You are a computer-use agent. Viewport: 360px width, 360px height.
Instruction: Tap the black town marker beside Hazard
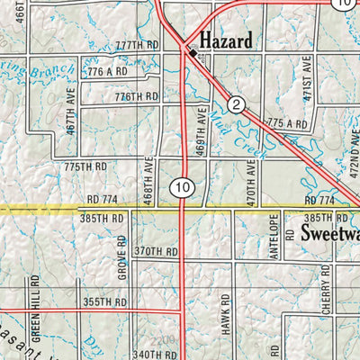click(x=193, y=54)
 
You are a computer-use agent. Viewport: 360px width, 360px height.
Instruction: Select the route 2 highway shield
click(x=236, y=105)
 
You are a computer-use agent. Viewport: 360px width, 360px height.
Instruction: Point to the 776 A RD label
click(x=107, y=70)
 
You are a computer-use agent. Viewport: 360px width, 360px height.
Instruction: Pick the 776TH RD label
click(x=137, y=96)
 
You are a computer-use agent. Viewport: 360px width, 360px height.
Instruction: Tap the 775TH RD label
click(x=85, y=166)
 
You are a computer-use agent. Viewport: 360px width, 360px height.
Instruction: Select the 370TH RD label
click(x=154, y=252)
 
